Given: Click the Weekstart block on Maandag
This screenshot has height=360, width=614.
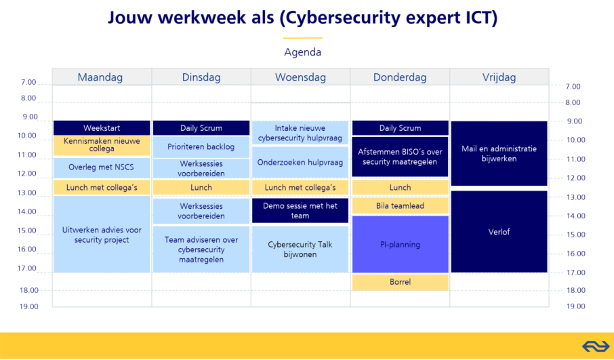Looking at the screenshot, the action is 102,128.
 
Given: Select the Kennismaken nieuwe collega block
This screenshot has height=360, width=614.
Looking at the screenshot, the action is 102,145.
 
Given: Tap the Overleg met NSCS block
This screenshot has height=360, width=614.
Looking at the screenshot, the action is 102,167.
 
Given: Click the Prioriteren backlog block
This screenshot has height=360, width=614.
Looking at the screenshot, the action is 201,147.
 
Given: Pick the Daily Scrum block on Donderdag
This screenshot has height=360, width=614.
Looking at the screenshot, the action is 401,128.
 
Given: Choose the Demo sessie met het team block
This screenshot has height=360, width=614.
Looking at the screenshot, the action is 300,211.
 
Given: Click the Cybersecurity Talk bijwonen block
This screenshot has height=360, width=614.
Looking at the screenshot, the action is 300,249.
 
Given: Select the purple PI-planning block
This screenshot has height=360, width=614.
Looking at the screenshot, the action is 401,245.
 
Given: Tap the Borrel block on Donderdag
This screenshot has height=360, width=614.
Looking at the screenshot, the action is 401,282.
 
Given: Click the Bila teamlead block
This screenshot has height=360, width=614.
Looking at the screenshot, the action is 401,206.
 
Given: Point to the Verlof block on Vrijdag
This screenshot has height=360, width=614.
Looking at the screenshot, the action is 499,231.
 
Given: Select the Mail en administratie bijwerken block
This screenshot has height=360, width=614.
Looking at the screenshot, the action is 499,153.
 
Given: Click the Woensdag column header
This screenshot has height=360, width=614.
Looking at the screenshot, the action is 300,77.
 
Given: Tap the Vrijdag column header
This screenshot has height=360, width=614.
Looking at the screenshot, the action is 499,77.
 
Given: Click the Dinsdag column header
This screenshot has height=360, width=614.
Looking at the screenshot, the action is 201,77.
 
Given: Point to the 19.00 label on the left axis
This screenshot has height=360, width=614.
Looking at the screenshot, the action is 29,306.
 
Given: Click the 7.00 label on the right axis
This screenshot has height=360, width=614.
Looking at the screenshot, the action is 573,87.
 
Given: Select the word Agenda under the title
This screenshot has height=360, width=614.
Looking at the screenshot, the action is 303,52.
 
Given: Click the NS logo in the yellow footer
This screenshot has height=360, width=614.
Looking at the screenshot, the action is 596,346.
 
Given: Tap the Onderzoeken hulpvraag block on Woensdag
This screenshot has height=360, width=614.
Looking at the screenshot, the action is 300,162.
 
